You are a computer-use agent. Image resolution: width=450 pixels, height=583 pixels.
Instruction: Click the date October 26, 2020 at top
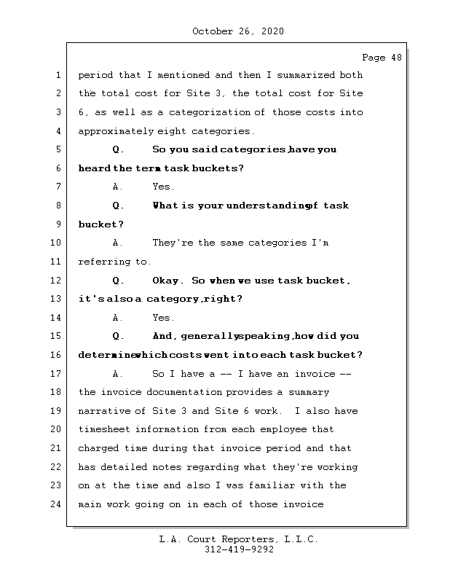tap(237, 31)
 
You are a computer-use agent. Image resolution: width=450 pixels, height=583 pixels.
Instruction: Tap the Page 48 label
tap(381, 58)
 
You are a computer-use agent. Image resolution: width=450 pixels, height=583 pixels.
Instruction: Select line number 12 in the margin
tap(56, 281)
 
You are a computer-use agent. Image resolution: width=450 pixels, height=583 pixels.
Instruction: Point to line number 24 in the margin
tap(56, 504)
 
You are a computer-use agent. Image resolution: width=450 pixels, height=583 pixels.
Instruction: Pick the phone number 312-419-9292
tap(239, 550)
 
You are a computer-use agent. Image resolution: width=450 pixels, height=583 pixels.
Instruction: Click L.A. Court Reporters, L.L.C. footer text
tap(239, 539)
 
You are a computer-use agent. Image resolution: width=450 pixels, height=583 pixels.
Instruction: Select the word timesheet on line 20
tap(106, 430)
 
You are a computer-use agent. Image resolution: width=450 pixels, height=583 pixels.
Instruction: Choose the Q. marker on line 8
tap(119, 206)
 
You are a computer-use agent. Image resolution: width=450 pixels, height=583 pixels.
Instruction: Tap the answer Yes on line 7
tap(163, 187)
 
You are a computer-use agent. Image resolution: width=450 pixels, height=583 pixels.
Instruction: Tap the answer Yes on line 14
tap(163, 318)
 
